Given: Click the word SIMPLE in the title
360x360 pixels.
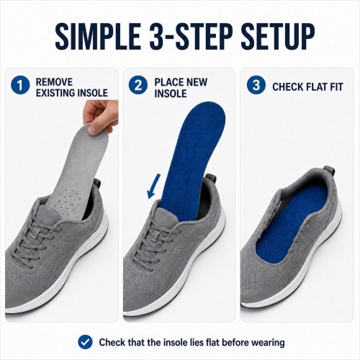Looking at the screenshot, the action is click(x=98, y=36).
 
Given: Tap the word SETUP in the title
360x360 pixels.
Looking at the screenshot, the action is click(x=278, y=36).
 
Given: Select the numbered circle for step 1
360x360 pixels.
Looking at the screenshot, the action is click(x=20, y=85).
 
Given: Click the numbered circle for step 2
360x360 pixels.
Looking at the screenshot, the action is click(x=138, y=85).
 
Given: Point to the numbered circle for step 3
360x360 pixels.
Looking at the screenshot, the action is click(x=256, y=85).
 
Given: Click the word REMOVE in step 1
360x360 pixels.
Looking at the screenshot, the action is click(x=54, y=82).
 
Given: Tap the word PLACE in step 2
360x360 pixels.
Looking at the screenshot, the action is click(x=169, y=82).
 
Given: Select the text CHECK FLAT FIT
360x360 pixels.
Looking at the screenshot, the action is click(x=307, y=87).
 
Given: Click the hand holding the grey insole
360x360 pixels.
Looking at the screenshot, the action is click(x=101, y=115).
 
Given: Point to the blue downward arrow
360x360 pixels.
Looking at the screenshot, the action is click(x=154, y=186).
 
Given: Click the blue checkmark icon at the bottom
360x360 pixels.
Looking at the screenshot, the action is click(x=85, y=342).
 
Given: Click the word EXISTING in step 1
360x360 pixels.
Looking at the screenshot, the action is click(x=53, y=93).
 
